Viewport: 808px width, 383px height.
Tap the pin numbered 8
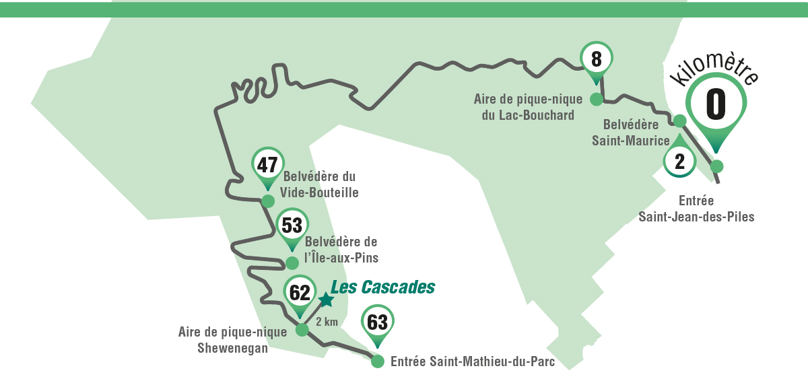(x=596, y=59)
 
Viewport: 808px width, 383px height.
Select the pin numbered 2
(x=679, y=161)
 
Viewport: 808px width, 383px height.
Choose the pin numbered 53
(x=292, y=225)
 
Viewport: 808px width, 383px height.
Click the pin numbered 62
(x=300, y=292)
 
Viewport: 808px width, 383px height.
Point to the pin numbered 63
(x=378, y=322)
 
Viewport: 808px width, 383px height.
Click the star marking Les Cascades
(x=326, y=300)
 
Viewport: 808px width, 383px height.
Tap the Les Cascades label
(x=383, y=287)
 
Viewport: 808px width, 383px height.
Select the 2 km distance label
(x=327, y=322)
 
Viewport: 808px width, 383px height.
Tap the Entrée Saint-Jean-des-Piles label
(x=696, y=209)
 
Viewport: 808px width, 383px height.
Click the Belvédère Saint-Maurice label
(x=630, y=133)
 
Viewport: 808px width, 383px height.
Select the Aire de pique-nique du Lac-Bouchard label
(x=527, y=107)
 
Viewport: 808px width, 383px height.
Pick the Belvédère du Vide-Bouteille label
(x=321, y=184)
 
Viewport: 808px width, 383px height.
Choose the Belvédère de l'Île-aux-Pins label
(x=341, y=250)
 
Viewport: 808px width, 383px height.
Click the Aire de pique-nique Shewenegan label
(x=232, y=339)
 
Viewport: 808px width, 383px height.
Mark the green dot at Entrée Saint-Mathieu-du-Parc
(x=377, y=361)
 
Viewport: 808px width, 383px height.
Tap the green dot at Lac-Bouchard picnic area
(x=596, y=100)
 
